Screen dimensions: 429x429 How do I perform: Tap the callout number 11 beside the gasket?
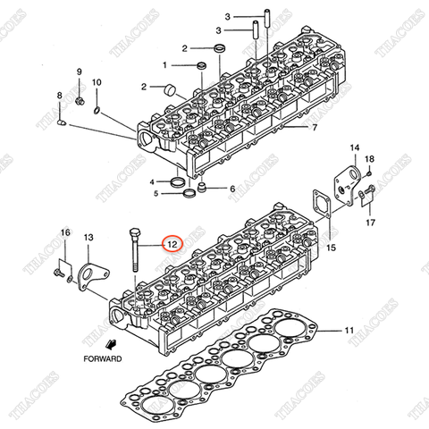point(349,331)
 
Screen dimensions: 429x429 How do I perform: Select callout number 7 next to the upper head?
point(314,128)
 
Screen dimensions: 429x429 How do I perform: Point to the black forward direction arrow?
point(110,343)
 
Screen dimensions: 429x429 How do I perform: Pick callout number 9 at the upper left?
point(78,71)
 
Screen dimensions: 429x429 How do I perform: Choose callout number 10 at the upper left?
point(98,82)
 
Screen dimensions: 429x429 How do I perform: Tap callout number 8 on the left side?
point(60,95)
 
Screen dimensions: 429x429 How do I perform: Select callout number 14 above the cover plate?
point(354,147)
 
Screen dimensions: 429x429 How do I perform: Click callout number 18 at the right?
point(370,159)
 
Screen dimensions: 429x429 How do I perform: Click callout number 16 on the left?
point(64,233)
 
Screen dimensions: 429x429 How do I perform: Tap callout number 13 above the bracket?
point(88,237)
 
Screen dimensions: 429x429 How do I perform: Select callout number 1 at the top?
point(165,65)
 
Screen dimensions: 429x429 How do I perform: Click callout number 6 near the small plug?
point(231,189)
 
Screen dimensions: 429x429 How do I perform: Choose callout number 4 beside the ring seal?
point(153,181)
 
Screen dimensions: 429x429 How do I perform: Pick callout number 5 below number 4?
point(156,192)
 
